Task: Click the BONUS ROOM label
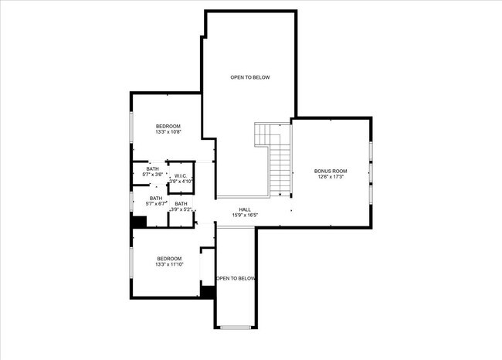click(x=331, y=171)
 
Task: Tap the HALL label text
click(x=245, y=209)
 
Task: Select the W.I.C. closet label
click(x=180, y=175)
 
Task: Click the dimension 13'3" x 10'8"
click(x=168, y=132)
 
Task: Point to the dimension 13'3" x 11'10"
click(x=169, y=265)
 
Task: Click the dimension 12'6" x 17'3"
click(x=331, y=177)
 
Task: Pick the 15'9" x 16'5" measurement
click(x=245, y=215)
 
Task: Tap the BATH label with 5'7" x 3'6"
click(x=152, y=168)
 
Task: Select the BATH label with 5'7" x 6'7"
click(x=156, y=198)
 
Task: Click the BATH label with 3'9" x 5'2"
click(x=181, y=204)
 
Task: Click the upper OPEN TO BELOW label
click(x=250, y=77)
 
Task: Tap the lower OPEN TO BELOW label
click(x=236, y=278)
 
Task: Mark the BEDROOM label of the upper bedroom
click(x=168, y=126)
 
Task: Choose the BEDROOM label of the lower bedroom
click(x=169, y=259)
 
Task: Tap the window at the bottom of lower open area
click(x=236, y=328)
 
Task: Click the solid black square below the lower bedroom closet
click(x=207, y=291)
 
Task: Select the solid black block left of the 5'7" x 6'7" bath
click(x=138, y=222)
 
